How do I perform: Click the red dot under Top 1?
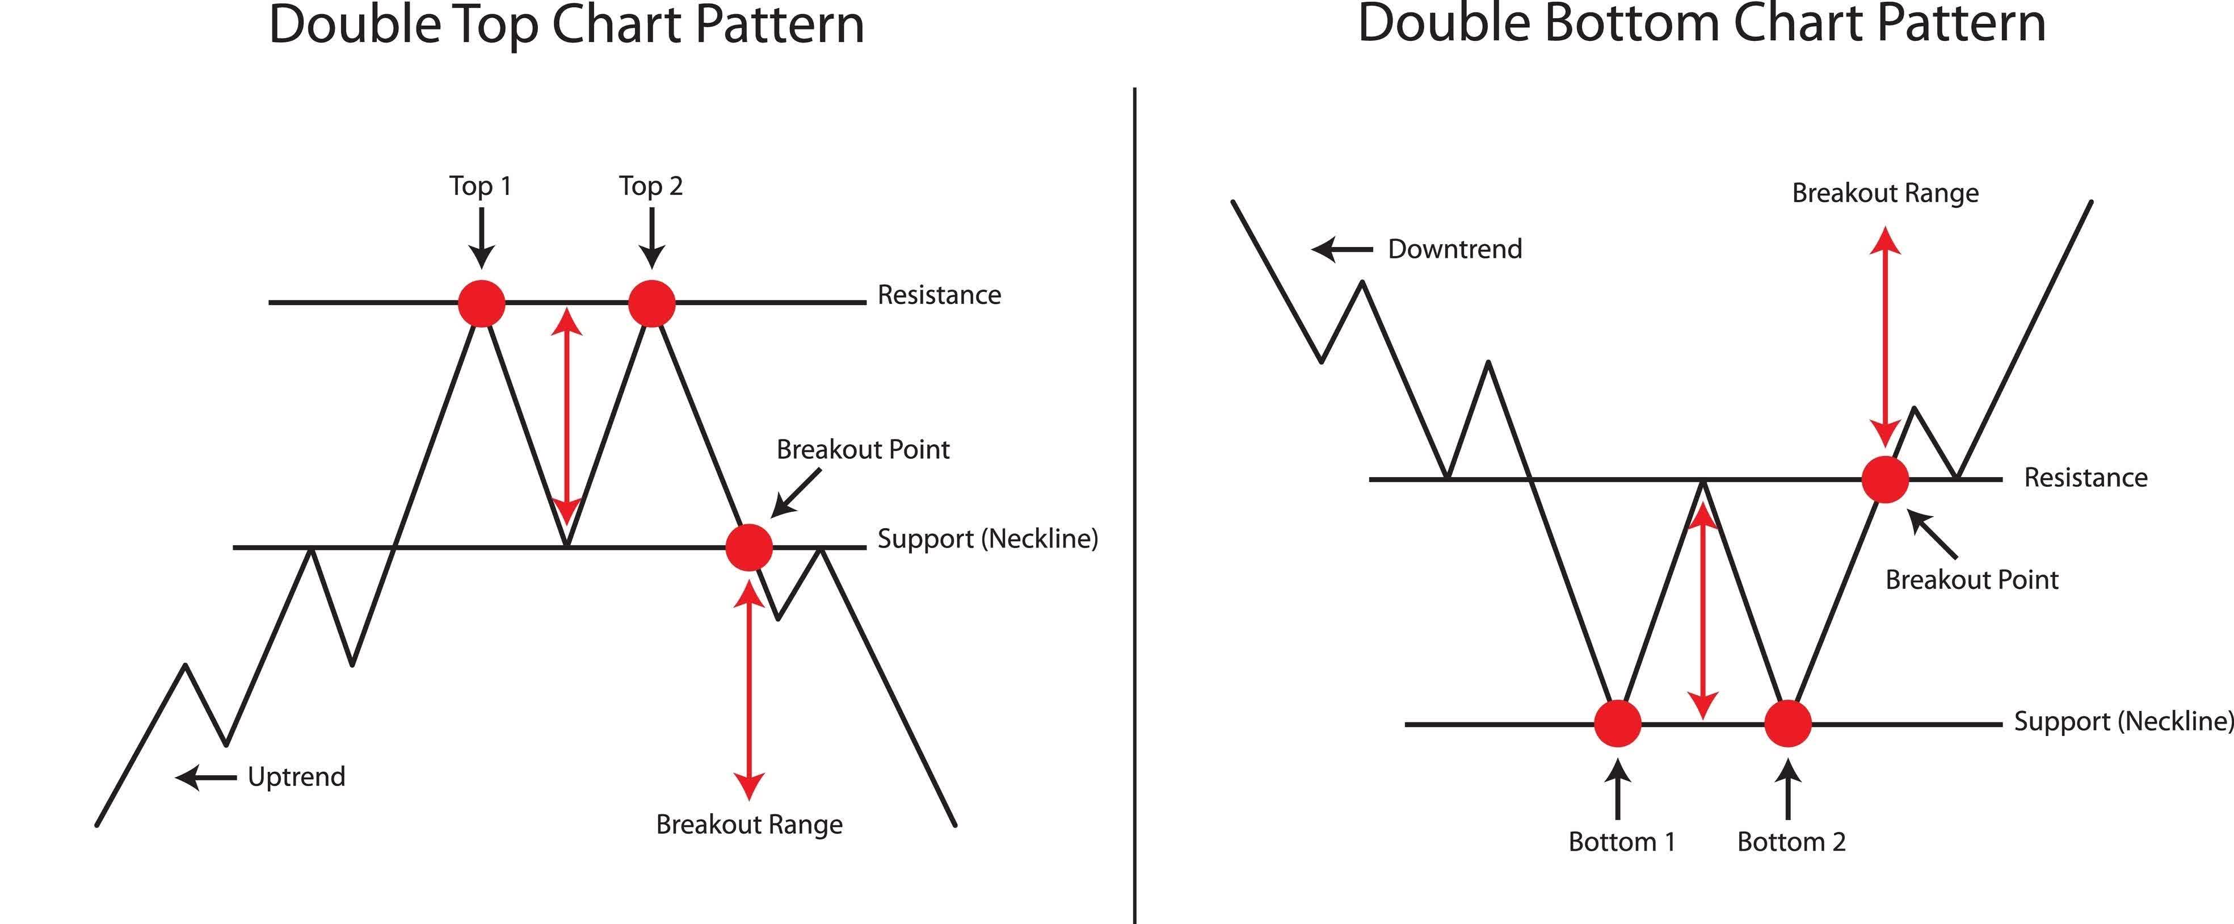pyautogui.click(x=481, y=303)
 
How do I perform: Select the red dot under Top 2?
pyautogui.click(x=651, y=303)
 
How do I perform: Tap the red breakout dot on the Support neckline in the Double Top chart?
pyautogui.click(x=748, y=546)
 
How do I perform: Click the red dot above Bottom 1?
pyautogui.click(x=1617, y=723)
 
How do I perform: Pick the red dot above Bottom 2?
pyautogui.click(x=1788, y=723)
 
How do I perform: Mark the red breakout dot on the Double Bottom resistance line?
pyautogui.click(x=1886, y=479)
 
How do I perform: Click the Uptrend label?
pyautogui.click(x=297, y=776)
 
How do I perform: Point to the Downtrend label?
pyautogui.click(x=1454, y=249)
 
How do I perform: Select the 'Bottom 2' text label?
pyautogui.click(x=1791, y=842)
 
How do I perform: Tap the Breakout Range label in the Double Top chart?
pyautogui.click(x=749, y=824)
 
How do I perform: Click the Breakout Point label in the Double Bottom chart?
pyautogui.click(x=1971, y=580)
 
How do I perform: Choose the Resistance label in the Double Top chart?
pyautogui.click(x=939, y=295)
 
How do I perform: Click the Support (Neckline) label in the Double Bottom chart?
pyautogui.click(x=2122, y=722)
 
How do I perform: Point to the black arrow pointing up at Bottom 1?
pyautogui.click(x=1617, y=789)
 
